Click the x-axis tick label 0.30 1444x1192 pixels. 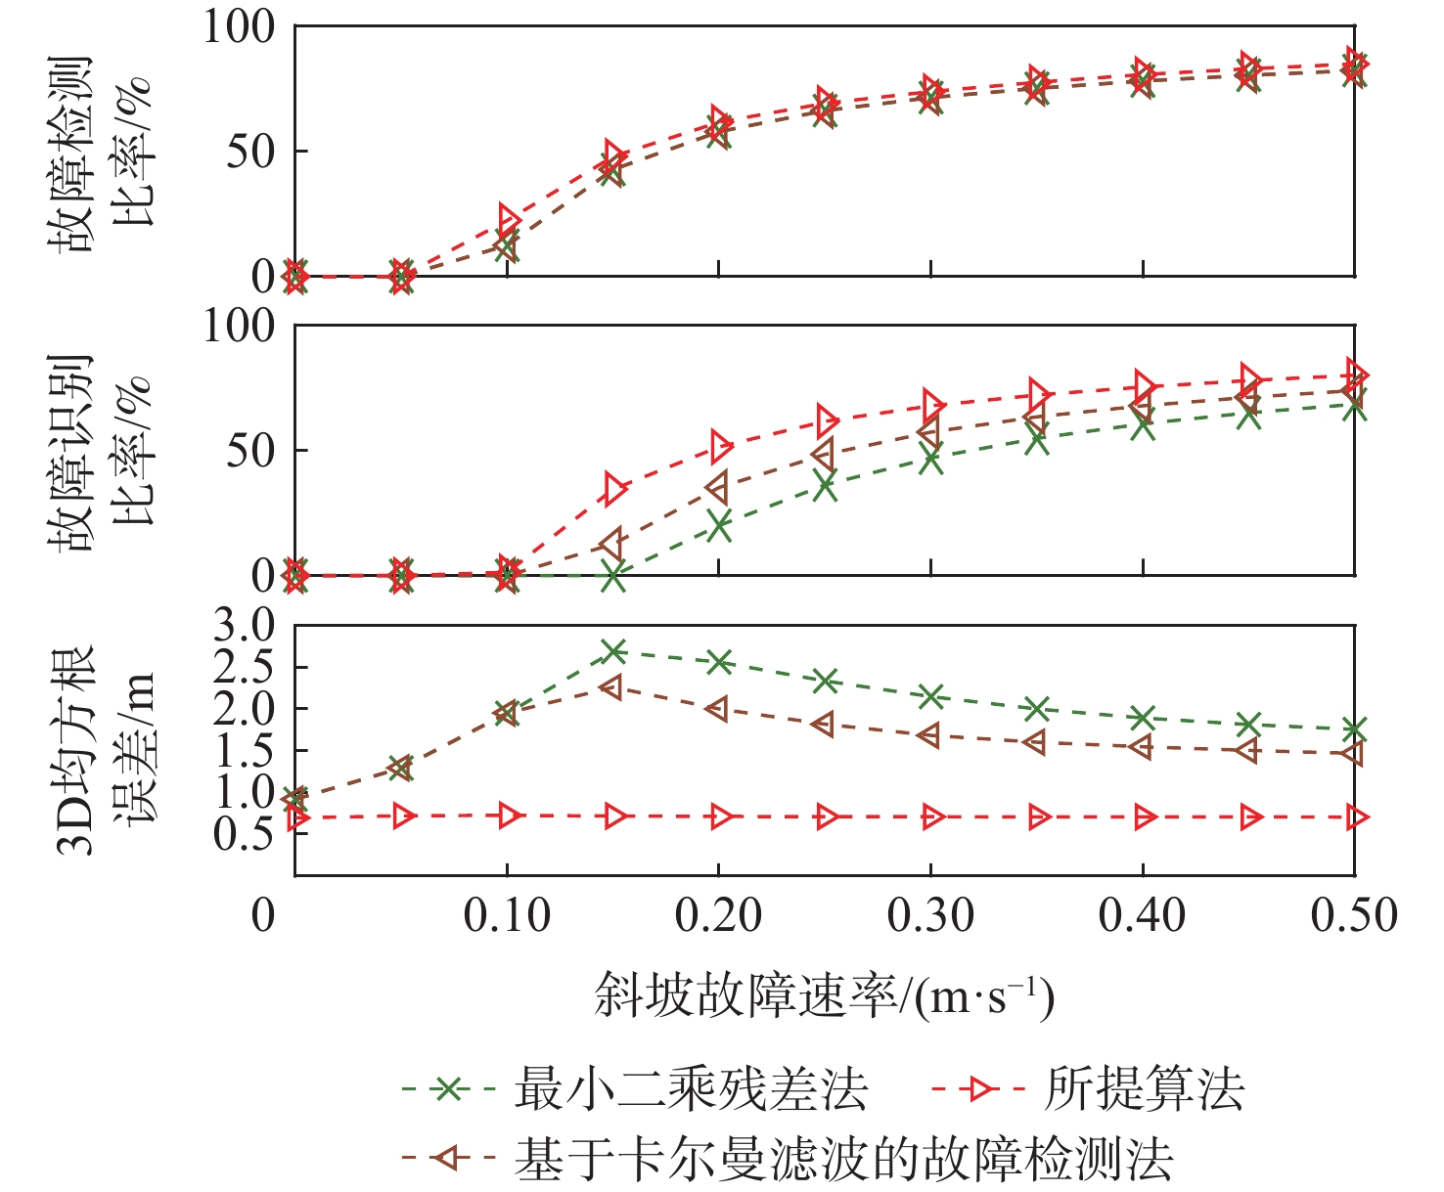tap(929, 916)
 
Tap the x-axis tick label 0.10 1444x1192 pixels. tap(506, 916)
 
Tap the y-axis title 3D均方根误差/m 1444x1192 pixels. tap(104, 750)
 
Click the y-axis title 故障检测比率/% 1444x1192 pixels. tap(104, 153)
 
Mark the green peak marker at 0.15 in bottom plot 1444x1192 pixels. tap(613, 651)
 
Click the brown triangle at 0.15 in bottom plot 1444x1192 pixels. tap(611, 687)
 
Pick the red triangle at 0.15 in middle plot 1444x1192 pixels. tap(614, 488)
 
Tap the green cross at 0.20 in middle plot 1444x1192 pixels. tap(719, 525)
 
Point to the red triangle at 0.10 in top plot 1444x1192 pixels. tap(509, 217)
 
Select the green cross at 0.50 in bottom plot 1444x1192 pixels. tap(1354, 729)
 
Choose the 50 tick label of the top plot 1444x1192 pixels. tap(251, 153)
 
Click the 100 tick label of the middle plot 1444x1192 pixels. tap(239, 327)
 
